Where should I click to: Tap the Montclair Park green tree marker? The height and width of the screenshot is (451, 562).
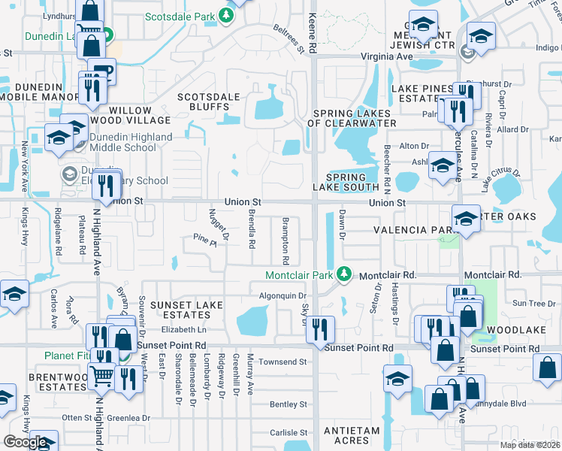coord(344,274)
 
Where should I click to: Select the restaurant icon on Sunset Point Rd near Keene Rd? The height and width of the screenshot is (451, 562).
coord(322,328)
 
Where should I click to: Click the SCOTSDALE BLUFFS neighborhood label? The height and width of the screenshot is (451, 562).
coord(208,102)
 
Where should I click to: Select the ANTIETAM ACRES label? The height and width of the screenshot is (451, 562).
coord(353,431)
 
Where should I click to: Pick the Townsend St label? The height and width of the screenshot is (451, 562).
coord(283,362)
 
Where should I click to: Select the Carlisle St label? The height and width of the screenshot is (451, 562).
coord(289,433)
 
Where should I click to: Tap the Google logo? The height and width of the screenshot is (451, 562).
coord(24,442)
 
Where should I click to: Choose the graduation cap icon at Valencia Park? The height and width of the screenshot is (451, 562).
coord(466,220)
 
